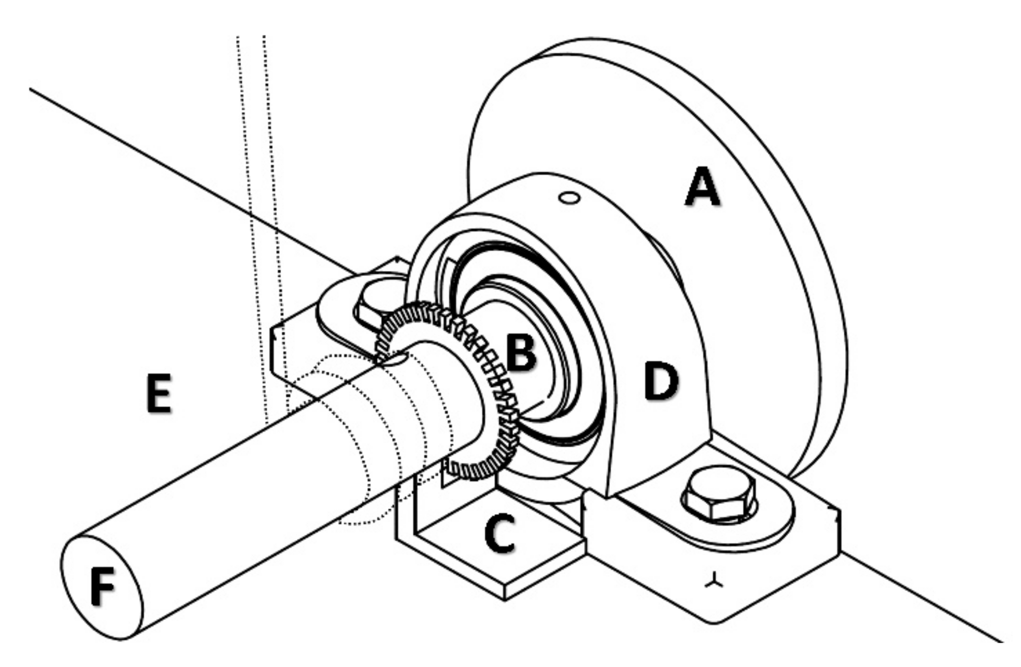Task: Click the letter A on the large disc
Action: click(702, 188)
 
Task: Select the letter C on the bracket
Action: click(500, 533)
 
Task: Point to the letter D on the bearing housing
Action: click(661, 382)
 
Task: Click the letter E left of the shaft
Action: click(159, 393)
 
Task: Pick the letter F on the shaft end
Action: click(102, 586)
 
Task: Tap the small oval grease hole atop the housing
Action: click(569, 198)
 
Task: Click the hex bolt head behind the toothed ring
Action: click(372, 309)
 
